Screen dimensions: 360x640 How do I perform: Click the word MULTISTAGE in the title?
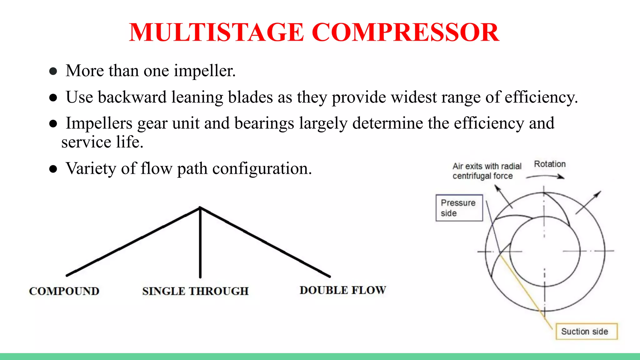click(216, 32)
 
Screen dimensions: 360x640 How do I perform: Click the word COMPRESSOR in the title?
click(405, 32)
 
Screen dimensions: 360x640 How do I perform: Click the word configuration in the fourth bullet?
click(262, 168)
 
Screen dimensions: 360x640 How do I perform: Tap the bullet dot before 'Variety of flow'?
click(53, 169)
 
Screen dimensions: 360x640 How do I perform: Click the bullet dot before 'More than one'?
click(53, 71)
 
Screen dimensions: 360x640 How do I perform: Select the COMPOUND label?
click(64, 291)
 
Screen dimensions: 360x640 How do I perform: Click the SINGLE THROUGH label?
click(195, 291)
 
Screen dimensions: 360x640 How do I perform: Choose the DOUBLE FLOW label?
click(343, 290)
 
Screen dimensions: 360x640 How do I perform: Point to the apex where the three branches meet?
click(200, 207)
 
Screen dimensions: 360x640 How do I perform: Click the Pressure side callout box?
click(459, 208)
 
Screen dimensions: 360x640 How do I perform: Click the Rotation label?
click(550, 164)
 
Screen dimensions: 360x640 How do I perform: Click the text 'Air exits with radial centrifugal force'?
click(487, 171)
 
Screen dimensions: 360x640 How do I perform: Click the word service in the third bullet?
click(86, 142)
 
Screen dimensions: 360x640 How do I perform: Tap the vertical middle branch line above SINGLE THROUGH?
click(200, 244)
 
